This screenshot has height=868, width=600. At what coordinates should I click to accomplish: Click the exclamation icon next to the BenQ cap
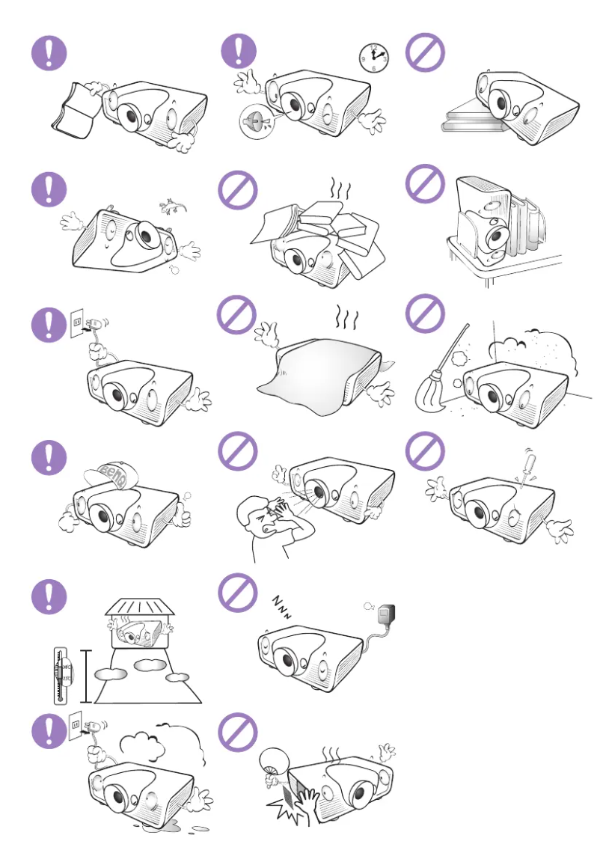(49, 456)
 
